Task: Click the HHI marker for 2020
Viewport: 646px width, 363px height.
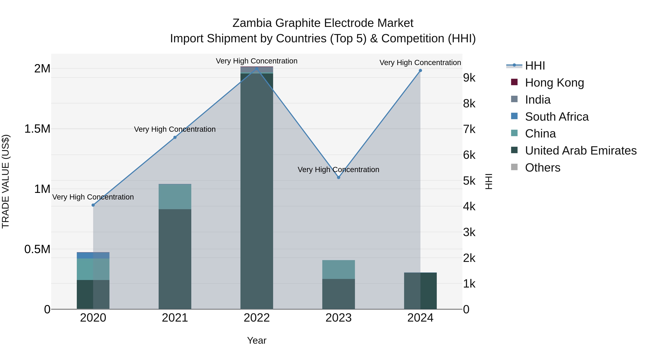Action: [x=93, y=205]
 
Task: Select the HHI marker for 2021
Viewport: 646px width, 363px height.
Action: [x=175, y=137]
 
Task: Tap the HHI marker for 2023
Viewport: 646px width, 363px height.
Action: [x=339, y=177]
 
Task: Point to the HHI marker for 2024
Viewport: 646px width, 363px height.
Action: [x=421, y=71]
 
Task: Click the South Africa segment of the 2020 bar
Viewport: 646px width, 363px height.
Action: [x=93, y=255]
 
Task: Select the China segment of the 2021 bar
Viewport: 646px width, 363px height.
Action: [x=175, y=197]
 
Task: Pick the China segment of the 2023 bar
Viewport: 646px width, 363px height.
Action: [x=339, y=269]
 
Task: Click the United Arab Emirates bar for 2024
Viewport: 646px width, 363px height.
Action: [x=421, y=291]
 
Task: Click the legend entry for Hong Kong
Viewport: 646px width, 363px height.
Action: [x=554, y=83]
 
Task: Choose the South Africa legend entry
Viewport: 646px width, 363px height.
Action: [x=556, y=117]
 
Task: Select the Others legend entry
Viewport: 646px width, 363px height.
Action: [x=542, y=168]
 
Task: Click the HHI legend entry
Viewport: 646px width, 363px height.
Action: [x=535, y=66]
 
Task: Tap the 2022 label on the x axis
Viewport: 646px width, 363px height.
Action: [x=257, y=318]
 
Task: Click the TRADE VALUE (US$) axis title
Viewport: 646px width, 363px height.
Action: [x=6, y=181]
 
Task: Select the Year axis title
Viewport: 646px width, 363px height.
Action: [x=257, y=340]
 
